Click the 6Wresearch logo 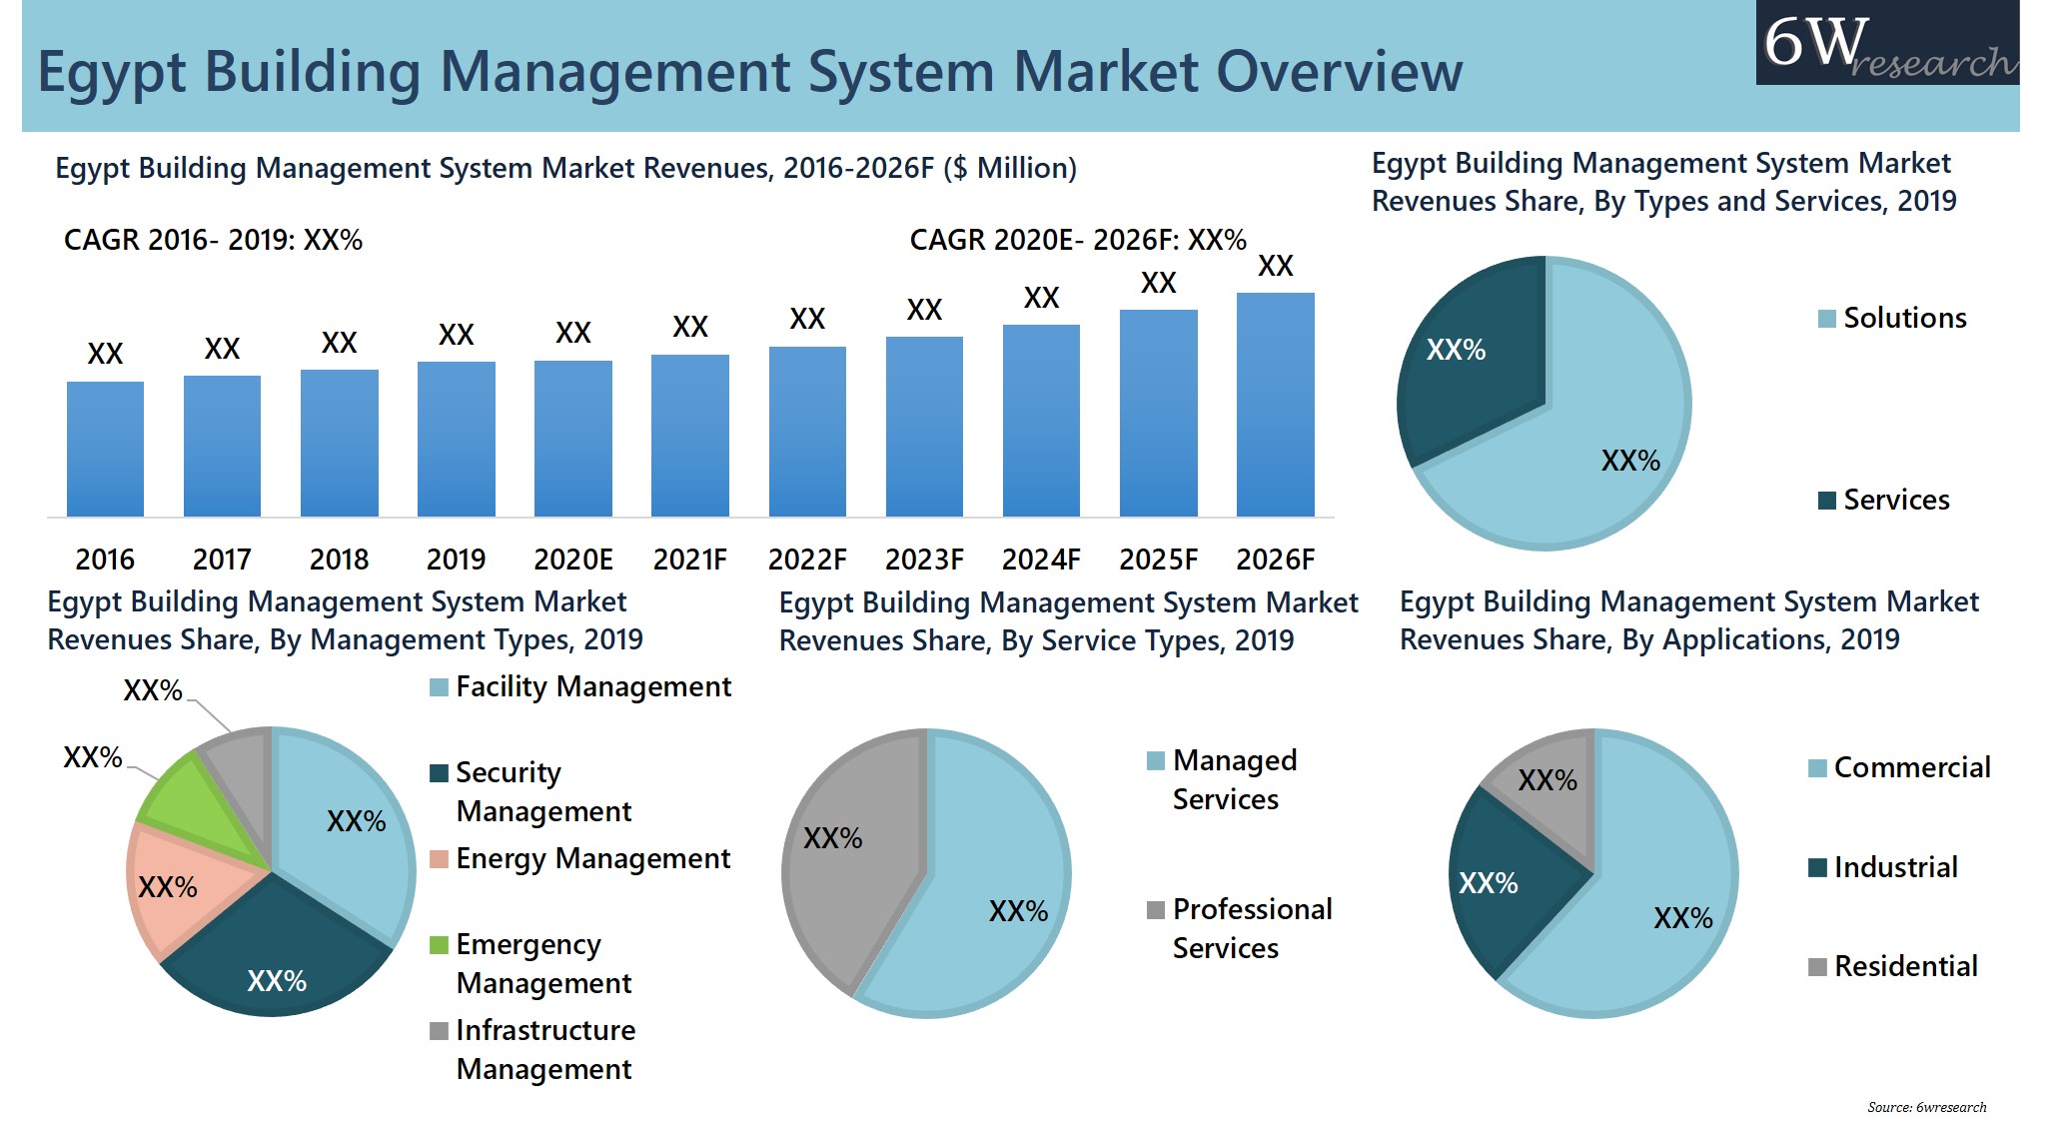(1886, 43)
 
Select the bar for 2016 (105, 450)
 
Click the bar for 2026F (1275, 405)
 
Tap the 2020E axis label (572, 560)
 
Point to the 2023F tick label (924, 560)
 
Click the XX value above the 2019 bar (456, 335)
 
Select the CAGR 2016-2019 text (213, 241)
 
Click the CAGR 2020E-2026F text (1077, 241)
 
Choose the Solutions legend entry (1891, 318)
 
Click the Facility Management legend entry (581, 687)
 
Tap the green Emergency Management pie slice (185, 804)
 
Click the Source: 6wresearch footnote (1926, 1107)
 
